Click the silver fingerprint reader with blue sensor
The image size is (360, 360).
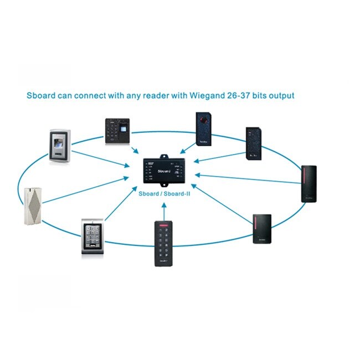point(59,147)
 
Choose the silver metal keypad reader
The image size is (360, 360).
point(92,237)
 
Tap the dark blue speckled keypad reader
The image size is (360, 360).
point(254,144)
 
